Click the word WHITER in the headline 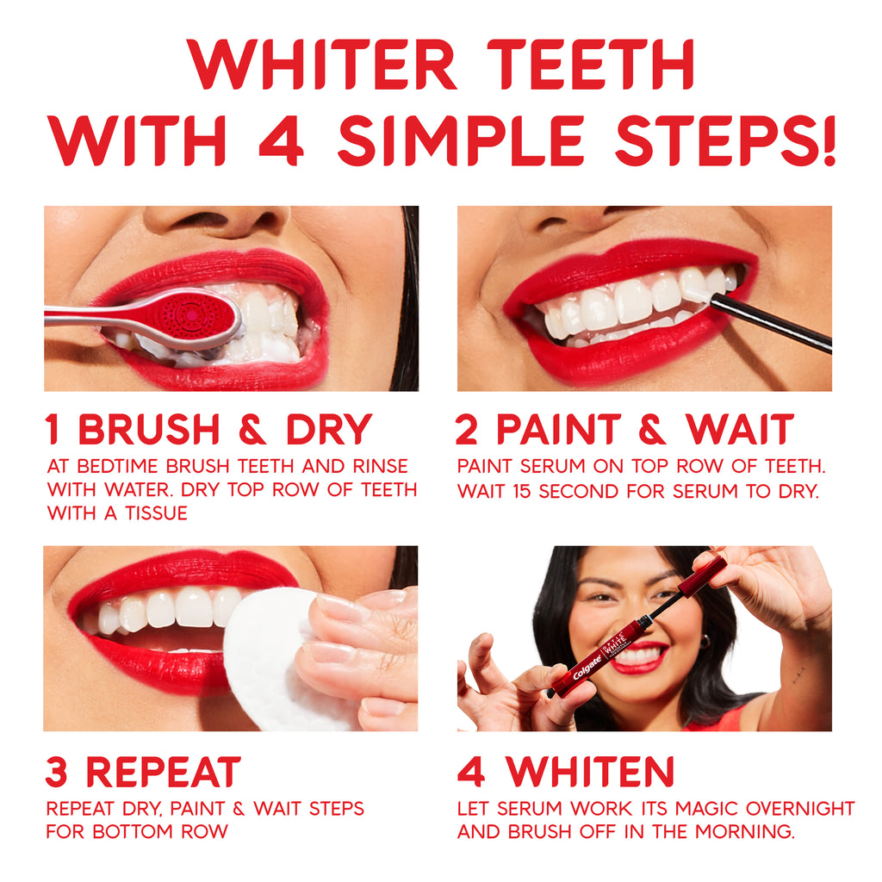pyautogui.click(x=321, y=65)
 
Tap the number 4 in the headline pyautogui.click(x=281, y=140)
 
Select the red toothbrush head pyautogui.click(x=191, y=316)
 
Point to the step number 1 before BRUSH pyautogui.click(x=53, y=429)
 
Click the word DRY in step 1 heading pyautogui.click(x=329, y=429)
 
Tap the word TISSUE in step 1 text pyautogui.click(x=157, y=513)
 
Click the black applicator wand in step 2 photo pyautogui.click(x=771, y=324)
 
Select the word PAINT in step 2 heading pyautogui.click(x=558, y=429)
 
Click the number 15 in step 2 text pyautogui.click(x=521, y=491)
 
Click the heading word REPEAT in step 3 pyautogui.click(x=163, y=773)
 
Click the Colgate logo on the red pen pyautogui.click(x=587, y=666)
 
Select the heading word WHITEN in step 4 pyautogui.click(x=589, y=773)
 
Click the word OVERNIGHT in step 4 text pyautogui.click(x=800, y=808)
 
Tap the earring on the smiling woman pyautogui.click(x=705, y=641)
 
